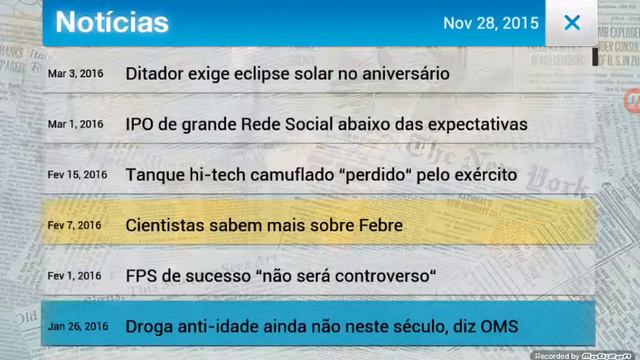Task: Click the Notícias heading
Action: coord(112,22)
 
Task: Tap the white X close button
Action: coord(572,22)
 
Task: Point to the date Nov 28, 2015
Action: coord(490,23)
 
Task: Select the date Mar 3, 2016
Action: coord(75,74)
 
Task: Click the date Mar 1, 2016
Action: coord(75,124)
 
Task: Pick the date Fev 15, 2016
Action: coord(77,175)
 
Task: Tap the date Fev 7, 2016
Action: coord(75,225)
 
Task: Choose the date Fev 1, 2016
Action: coord(75,276)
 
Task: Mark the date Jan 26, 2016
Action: coord(77,326)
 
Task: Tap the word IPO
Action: coord(141,125)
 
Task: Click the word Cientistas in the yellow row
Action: coord(166,225)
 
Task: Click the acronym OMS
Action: coord(497,326)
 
